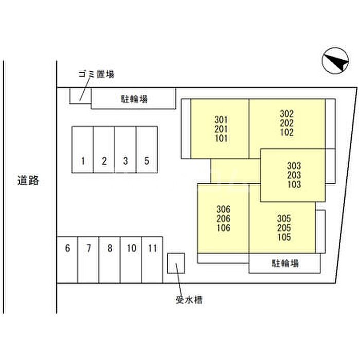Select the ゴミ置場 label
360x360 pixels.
pyautogui.click(x=96, y=74)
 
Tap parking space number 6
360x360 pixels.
pyautogui.click(x=67, y=249)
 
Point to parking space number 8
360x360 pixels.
pyautogui.click(x=110, y=249)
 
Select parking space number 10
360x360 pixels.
pyautogui.click(x=131, y=249)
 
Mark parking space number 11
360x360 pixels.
pyautogui.click(x=152, y=249)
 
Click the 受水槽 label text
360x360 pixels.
pyautogui.click(x=188, y=299)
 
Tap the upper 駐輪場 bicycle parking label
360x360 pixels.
pyautogui.click(x=134, y=99)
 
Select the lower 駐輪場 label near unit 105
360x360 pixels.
pyautogui.click(x=285, y=264)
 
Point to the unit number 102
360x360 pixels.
pyautogui.click(x=287, y=132)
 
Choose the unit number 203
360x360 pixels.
pyautogui.click(x=294, y=175)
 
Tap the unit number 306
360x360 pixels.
pyautogui.click(x=223, y=209)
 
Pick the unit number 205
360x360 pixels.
pyautogui.click(x=284, y=227)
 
